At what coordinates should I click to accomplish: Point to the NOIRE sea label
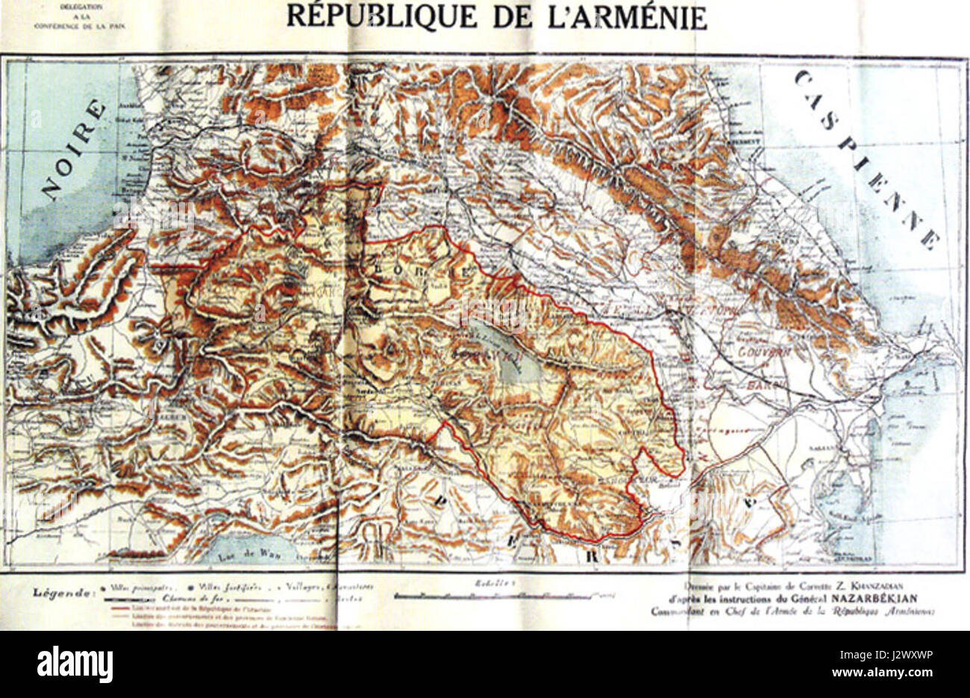[x=73, y=149]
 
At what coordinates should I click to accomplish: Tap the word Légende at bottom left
[x=63, y=594]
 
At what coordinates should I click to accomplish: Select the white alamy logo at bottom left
[x=75, y=663]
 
